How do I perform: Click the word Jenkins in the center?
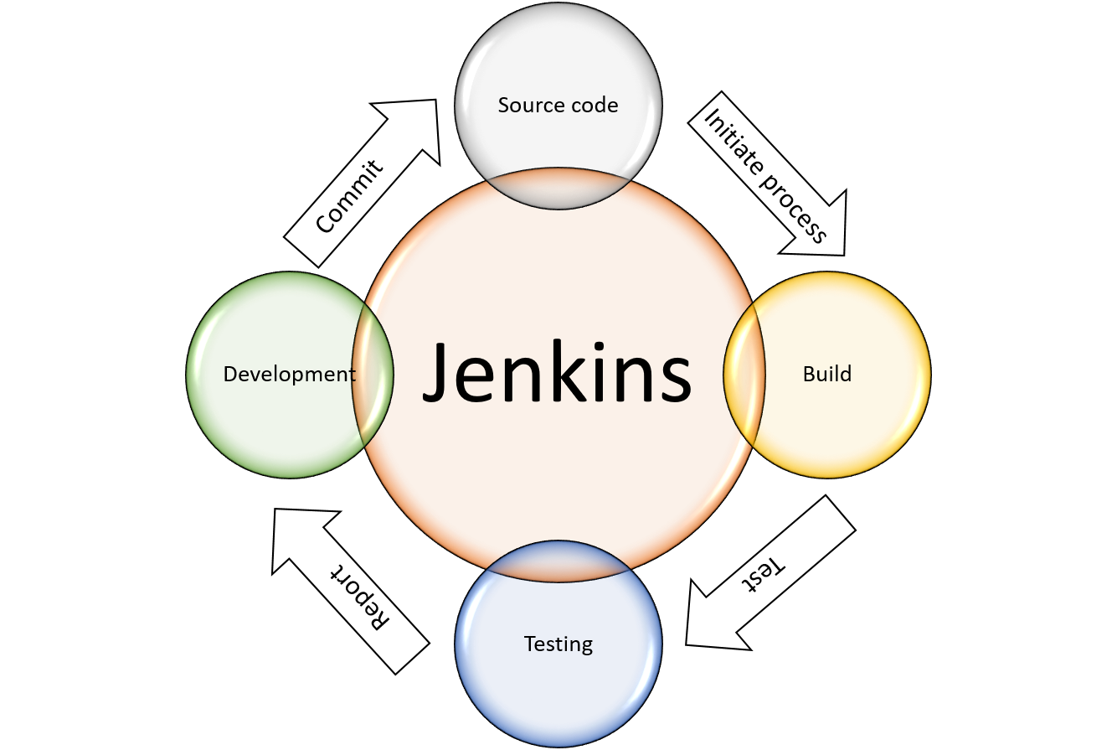click(x=558, y=374)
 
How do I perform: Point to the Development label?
click(x=289, y=375)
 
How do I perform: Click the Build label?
click(x=826, y=374)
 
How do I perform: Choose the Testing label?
click(x=558, y=644)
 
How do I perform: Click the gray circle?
click(x=558, y=67)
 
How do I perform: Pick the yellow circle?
click(x=846, y=419)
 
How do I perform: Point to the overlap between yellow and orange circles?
click(x=744, y=375)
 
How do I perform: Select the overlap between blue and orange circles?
click(x=558, y=560)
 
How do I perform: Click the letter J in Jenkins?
click(x=441, y=374)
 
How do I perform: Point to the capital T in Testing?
click(x=530, y=644)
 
